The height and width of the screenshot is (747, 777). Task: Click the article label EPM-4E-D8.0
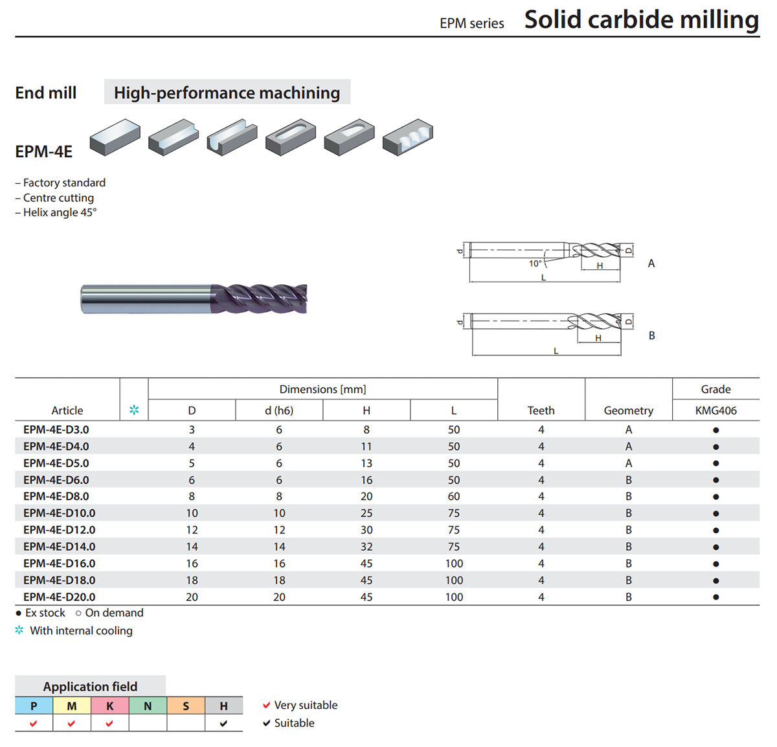point(56,496)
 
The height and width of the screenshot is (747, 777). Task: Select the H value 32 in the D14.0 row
point(366,546)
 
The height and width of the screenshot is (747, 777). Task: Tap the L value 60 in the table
point(454,496)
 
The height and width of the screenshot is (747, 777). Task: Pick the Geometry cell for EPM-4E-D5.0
point(629,463)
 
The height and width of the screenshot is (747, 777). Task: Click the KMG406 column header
point(715,410)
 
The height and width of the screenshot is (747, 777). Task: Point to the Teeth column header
point(541,410)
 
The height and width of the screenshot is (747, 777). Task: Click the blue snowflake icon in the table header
point(134,410)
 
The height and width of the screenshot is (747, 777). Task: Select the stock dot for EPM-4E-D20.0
point(716,597)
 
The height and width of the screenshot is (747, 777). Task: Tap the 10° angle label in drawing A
point(535,263)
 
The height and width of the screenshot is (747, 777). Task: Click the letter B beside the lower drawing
point(651,335)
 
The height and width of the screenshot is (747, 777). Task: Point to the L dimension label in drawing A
point(543,278)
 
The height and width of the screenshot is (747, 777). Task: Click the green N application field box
point(148,706)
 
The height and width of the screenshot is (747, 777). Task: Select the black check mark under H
point(223,723)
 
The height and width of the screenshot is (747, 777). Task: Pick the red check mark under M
point(71,723)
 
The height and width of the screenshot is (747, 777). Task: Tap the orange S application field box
point(186,706)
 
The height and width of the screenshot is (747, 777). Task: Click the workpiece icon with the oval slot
point(291,137)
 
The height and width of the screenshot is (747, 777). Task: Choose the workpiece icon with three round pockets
point(408,137)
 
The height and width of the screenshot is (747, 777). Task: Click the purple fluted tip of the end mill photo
point(260,298)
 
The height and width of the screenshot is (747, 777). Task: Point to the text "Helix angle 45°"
point(60,212)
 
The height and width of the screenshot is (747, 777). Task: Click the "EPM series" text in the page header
point(471,23)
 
